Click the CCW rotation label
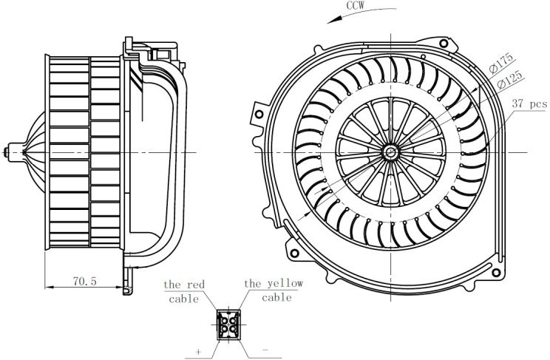356,6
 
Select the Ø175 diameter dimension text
501,64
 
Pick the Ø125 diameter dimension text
509,80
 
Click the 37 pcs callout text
529,103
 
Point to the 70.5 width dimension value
84,281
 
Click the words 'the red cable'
184,291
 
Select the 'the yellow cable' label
274,291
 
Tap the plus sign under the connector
199,351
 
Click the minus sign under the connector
265,350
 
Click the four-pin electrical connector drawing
228,325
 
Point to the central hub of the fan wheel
390,152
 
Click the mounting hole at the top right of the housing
444,44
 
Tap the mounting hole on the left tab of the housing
259,115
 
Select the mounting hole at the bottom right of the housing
496,272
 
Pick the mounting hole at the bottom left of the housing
295,253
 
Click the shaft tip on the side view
6,152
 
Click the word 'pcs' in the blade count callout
538,104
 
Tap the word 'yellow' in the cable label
285,284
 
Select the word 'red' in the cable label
195,284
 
